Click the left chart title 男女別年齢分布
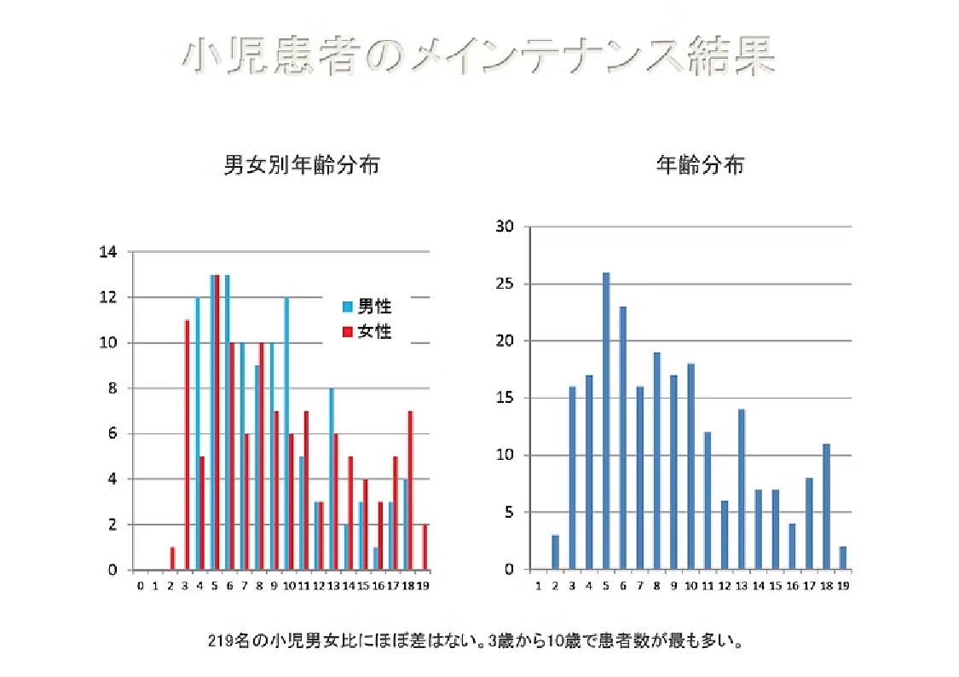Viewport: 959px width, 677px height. (x=301, y=165)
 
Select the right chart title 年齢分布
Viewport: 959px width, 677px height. (x=699, y=165)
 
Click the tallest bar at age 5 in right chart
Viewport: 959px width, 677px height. (x=606, y=422)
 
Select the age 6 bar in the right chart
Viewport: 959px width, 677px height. (x=623, y=439)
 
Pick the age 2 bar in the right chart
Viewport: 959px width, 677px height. (x=556, y=553)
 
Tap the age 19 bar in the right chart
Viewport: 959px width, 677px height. (x=842, y=559)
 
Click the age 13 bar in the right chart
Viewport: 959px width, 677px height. (x=742, y=490)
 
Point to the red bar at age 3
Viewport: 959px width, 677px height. (x=187, y=445)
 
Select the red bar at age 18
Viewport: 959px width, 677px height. (x=410, y=491)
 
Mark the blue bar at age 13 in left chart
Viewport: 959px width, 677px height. (x=332, y=479)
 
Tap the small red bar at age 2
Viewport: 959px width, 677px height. (x=172, y=559)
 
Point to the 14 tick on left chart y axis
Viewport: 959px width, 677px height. (x=108, y=252)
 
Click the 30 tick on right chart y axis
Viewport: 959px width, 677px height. (x=505, y=227)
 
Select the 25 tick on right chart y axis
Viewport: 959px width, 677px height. (x=505, y=284)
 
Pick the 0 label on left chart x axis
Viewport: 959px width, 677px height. (x=141, y=585)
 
